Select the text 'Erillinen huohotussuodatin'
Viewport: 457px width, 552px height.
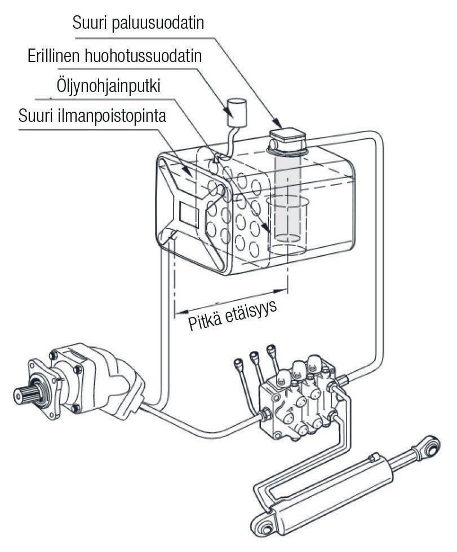(115, 57)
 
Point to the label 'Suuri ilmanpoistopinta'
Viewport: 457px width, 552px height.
(92, 120)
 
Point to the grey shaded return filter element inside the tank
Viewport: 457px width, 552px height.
(287, 192)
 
